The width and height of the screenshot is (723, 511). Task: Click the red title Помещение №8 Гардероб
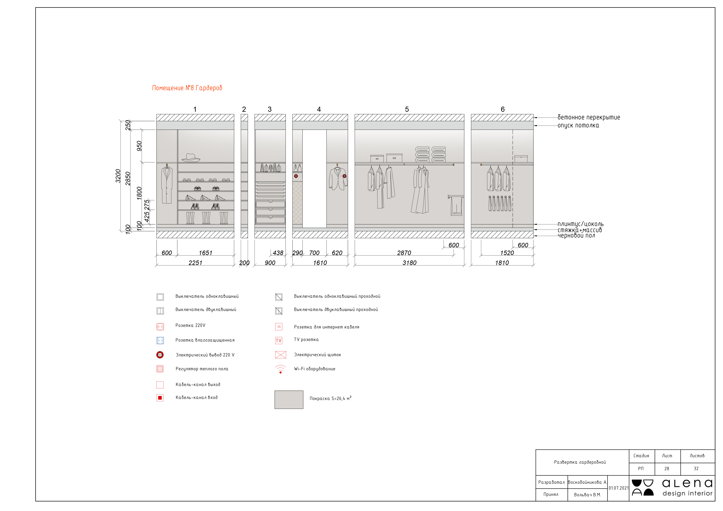(187, 88)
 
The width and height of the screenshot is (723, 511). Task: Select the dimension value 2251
(195, 263)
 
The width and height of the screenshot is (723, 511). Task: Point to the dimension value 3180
(409, 263)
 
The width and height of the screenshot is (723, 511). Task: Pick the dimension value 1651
(205, 253)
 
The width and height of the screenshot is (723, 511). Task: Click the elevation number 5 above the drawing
(407, 109)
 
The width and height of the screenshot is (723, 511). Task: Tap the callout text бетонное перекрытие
(589, 117)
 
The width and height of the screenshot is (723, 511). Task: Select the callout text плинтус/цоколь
(580, 224)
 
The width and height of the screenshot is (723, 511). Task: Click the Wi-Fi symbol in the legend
(280, 369)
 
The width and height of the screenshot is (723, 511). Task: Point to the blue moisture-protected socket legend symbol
(160, 340)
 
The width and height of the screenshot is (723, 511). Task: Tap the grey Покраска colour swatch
(289, 400)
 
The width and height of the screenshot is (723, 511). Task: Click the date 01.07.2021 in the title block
(618, 488)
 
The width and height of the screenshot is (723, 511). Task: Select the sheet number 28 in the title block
(667, 468)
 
